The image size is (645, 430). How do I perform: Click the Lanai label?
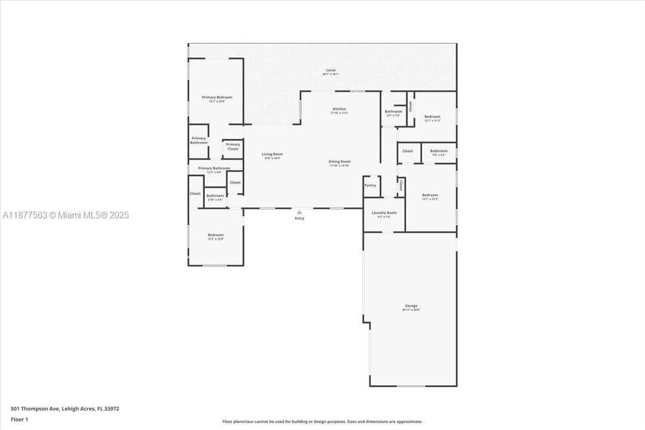[x=330, y=70]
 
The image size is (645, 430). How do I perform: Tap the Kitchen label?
[x=339, y=109]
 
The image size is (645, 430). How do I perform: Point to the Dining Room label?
[x=339, y=161]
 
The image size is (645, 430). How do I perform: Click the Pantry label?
[x=370, y=186]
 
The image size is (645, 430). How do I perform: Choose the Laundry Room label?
[x=384, y=213]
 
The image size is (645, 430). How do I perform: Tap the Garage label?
[x=411, y=306]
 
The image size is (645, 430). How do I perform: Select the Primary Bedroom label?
[x=217, y=97]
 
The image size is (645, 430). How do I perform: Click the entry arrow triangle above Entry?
[x=300, y=211]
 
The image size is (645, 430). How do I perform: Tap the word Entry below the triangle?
[x=300, y=219]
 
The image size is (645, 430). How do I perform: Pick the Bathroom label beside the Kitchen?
[x=393, y=112]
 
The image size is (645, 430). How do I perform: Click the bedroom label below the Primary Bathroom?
[x=216, y=235]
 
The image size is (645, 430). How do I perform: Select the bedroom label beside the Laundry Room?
[x=430, y=195]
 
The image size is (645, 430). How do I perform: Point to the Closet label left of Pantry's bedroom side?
[x=401, y=186]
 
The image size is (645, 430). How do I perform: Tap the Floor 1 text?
[x=19, y=419]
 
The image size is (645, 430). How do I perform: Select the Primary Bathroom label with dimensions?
[x=214, y=168]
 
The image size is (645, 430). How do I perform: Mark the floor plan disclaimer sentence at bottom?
[x=322, y=422]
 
